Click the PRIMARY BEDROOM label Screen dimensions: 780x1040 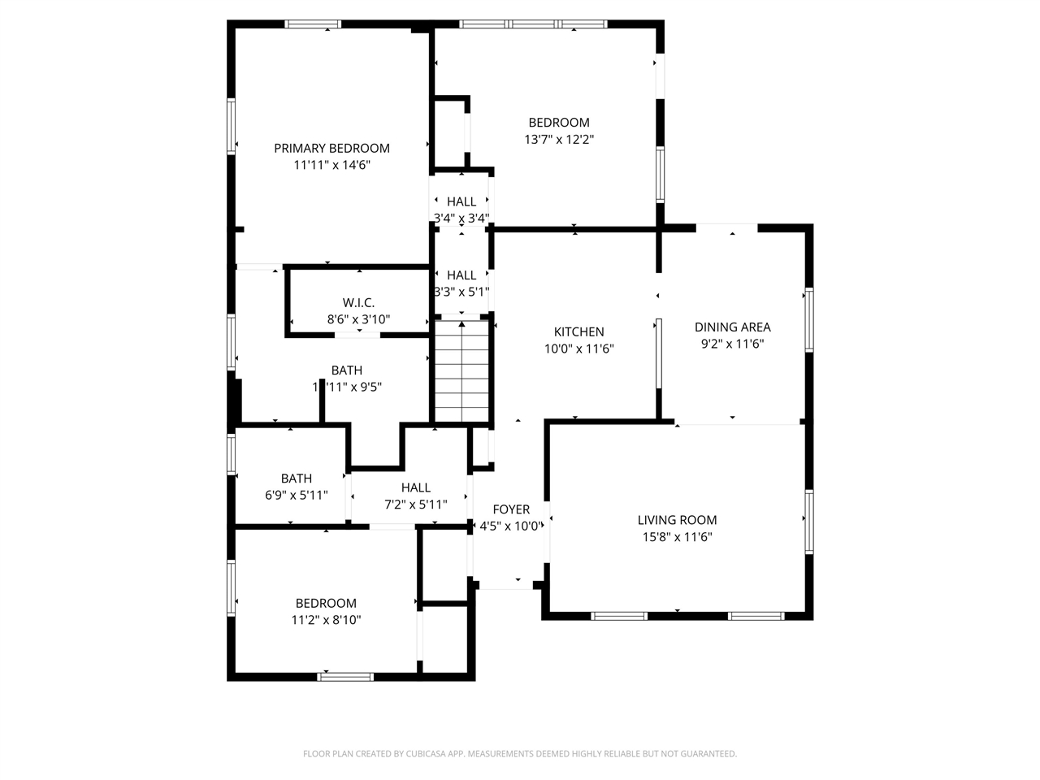pyautogui.click(x=331, y=148)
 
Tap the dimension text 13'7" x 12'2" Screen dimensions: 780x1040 pyautogui.click(x=559, y=139)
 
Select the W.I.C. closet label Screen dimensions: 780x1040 pyautogui.click(x=358, y=303)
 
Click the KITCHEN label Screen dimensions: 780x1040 pyautogui.click(x=578, y=331)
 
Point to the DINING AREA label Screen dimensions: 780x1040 pyautogui.click(x=732, y=327)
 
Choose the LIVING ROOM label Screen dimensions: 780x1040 pyautogui.click(x=677, y=520)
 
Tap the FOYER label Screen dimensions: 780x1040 pyautogui.click(x=511, y=509)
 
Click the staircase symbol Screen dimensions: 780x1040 pyautogui.click(x=462, y=370)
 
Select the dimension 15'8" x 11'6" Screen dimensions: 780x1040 pyautogui.click(x=677, y=536)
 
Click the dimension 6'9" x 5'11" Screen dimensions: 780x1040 pyautogui.click(x=297, y=495)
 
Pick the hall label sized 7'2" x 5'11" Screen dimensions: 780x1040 pyautogui.click(x=415, y=487)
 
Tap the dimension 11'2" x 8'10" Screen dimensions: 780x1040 pyautogui.click(x=326, y=620)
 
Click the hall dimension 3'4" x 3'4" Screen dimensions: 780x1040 pyautogui.click(x=461, y=218)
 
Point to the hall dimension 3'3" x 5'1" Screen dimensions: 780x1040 pyautogui.click(x=461, y=292)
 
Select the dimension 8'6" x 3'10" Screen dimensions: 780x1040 pyautogui.click(x=358, y=319)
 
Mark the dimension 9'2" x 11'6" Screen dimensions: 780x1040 pyautogui.click(x=732, y=344)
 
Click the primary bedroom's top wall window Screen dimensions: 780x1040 pyautogui.click(x=313, y=24)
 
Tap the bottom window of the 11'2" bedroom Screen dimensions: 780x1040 pyautogui.click(x=345, y=676)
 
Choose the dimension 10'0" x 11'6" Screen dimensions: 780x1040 pyautogui.click(x=578, y=349)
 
